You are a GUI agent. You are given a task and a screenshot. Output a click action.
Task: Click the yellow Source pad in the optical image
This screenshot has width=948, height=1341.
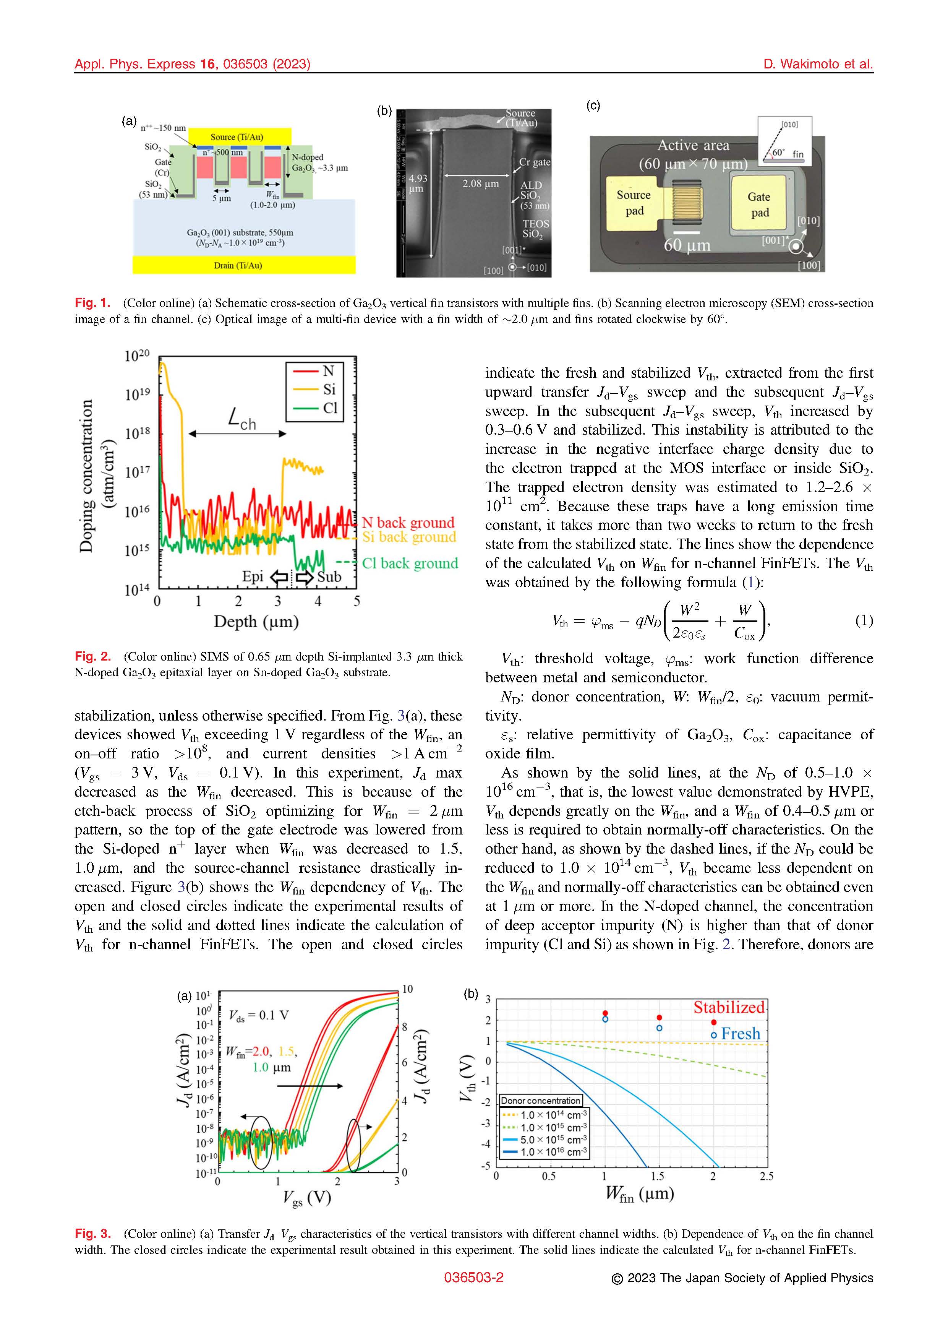(634, 203)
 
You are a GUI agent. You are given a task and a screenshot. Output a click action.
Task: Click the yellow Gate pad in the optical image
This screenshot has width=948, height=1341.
(759, 205)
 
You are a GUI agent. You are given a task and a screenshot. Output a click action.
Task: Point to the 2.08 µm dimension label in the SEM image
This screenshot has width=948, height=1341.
(480, 183)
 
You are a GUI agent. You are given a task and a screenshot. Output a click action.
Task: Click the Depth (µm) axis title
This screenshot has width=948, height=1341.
(256, 622)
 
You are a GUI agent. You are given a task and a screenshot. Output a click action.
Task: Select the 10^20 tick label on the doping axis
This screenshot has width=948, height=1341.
(136, 356)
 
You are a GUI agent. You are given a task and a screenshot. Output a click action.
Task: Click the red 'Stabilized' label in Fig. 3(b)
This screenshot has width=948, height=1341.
(729, 1008)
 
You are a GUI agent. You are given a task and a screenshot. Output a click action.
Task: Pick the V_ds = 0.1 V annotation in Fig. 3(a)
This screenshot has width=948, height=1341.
(259, 1016)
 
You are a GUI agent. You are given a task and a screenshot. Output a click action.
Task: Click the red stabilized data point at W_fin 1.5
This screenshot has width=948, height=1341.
(659, 1018)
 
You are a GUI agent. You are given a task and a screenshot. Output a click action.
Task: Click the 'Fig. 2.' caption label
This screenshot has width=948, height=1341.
(92, 656)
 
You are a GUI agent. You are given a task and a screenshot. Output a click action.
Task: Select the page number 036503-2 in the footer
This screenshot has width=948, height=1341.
(473, 1278)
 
